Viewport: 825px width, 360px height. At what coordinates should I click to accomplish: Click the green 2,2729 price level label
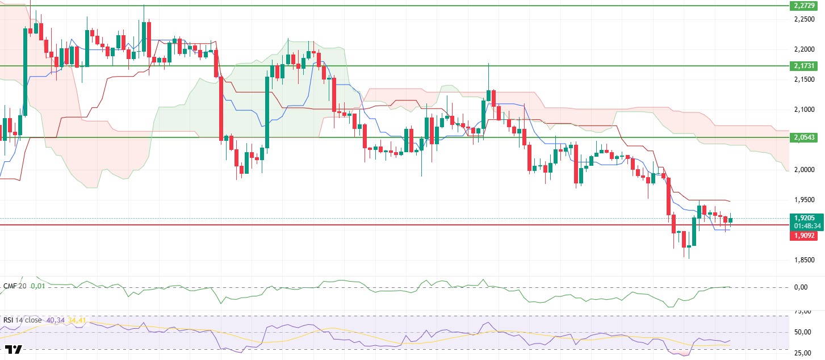[x=806, y=6]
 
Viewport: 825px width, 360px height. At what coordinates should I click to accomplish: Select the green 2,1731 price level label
[x=806, y=66]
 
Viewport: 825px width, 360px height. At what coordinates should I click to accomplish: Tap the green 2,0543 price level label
[x=806, y=138]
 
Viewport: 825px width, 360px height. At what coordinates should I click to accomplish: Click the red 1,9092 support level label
[x=806, y=235]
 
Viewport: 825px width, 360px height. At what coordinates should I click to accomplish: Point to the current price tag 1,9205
[x=806, y=217]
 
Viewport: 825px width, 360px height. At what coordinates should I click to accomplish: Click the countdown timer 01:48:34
[x=806, y=225]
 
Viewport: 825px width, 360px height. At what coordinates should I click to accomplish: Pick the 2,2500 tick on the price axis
[x=806, y=19]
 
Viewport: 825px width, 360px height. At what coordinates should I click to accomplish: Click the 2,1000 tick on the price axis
[x=806, y=110]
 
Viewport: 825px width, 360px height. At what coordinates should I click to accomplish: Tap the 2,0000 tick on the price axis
[x=806, y=170]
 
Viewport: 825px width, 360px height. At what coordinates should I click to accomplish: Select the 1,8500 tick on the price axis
[x=806, y=260]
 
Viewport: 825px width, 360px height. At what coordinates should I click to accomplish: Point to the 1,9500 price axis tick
[x=806, y=200]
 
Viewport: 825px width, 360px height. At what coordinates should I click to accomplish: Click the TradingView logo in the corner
[x=13, y=350]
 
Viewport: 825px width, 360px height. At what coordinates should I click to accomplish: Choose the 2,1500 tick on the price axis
[x=806, y=79]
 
